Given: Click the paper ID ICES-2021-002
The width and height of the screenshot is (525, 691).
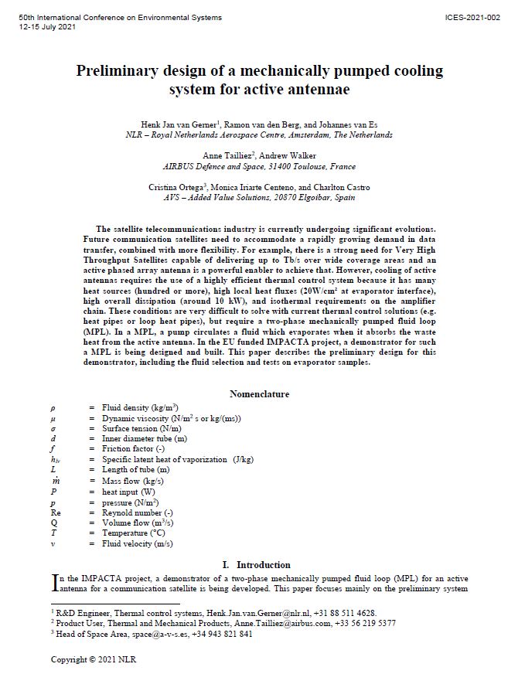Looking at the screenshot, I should [472, 17].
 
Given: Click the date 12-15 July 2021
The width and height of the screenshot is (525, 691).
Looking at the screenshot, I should [47, 27].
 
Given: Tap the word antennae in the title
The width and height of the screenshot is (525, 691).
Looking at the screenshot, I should [317, 90].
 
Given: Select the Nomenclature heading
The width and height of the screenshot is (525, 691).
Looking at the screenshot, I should [260, 393].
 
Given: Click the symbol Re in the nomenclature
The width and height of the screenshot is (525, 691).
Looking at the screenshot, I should [55, 512].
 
